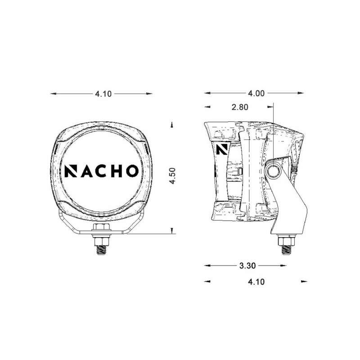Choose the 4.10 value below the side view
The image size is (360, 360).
coord(256,282)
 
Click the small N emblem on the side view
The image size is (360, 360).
coord(220,149)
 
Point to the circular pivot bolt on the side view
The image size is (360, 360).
coord(273,171)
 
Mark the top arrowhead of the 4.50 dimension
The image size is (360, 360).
coord(172,124)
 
